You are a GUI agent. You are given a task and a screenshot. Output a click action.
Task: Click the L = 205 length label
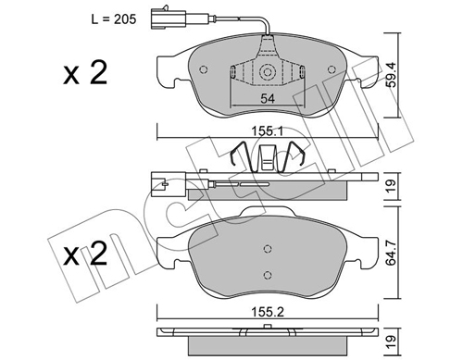[114, 19]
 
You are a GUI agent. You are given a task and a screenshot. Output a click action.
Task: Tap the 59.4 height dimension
[392, 75]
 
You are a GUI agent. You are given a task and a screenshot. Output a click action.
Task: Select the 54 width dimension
[268, 99]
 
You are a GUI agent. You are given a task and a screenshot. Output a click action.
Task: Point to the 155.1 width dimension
[268, 131]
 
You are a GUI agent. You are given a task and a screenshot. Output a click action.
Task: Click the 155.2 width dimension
[268, 313]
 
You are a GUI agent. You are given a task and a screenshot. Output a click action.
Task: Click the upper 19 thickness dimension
[392, 186]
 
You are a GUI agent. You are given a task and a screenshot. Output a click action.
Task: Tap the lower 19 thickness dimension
[392, 341]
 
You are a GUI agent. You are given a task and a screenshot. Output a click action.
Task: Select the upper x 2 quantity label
[85, 73]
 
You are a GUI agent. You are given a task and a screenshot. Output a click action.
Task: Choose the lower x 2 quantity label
[85, 254]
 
